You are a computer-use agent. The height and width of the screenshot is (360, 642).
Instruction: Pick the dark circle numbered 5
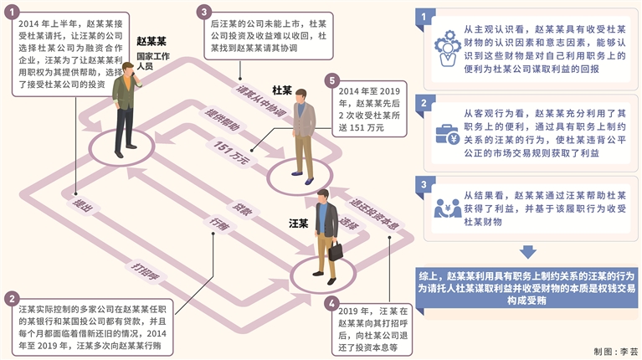(x=334, y=81)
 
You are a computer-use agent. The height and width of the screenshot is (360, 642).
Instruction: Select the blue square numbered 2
(x=428, y=103)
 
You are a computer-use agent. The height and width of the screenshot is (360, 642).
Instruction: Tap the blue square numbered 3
(x=428, y=185)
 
